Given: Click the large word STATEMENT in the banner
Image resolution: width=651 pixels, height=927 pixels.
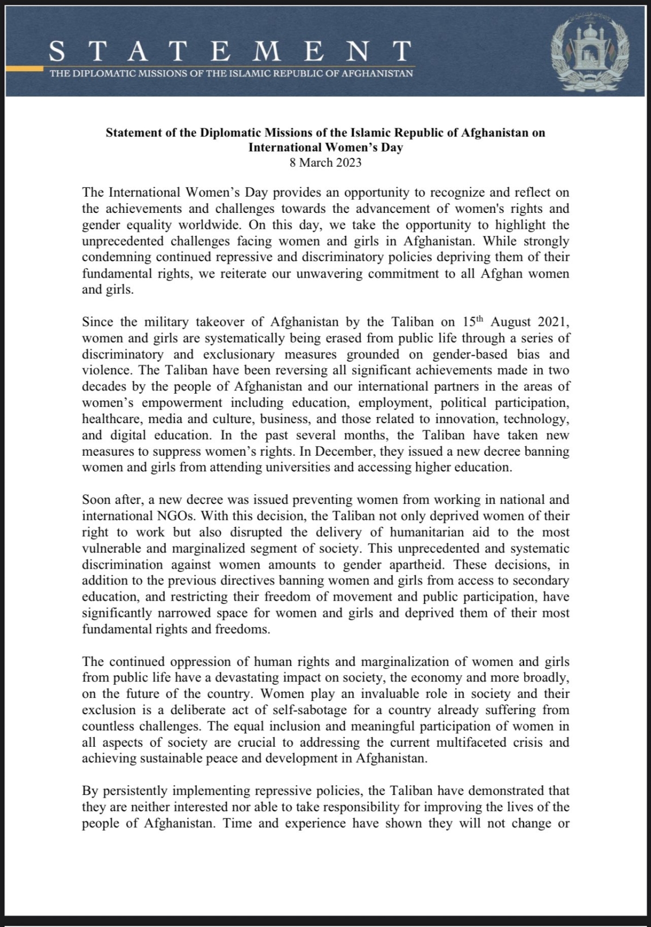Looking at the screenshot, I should pyautogui.click(x=230, y=52).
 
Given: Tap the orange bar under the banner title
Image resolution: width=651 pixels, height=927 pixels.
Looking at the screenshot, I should pyautogui.click(x=24, y=70).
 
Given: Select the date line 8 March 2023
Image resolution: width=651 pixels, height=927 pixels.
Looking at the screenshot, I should pyautogui.click(x=325, y=163).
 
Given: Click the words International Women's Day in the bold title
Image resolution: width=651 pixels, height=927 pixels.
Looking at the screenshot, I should pyautogui.click(x=325, y=148).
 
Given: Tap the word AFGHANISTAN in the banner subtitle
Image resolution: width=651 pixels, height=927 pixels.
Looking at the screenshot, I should pyautogui.click(x=377, y=73).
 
